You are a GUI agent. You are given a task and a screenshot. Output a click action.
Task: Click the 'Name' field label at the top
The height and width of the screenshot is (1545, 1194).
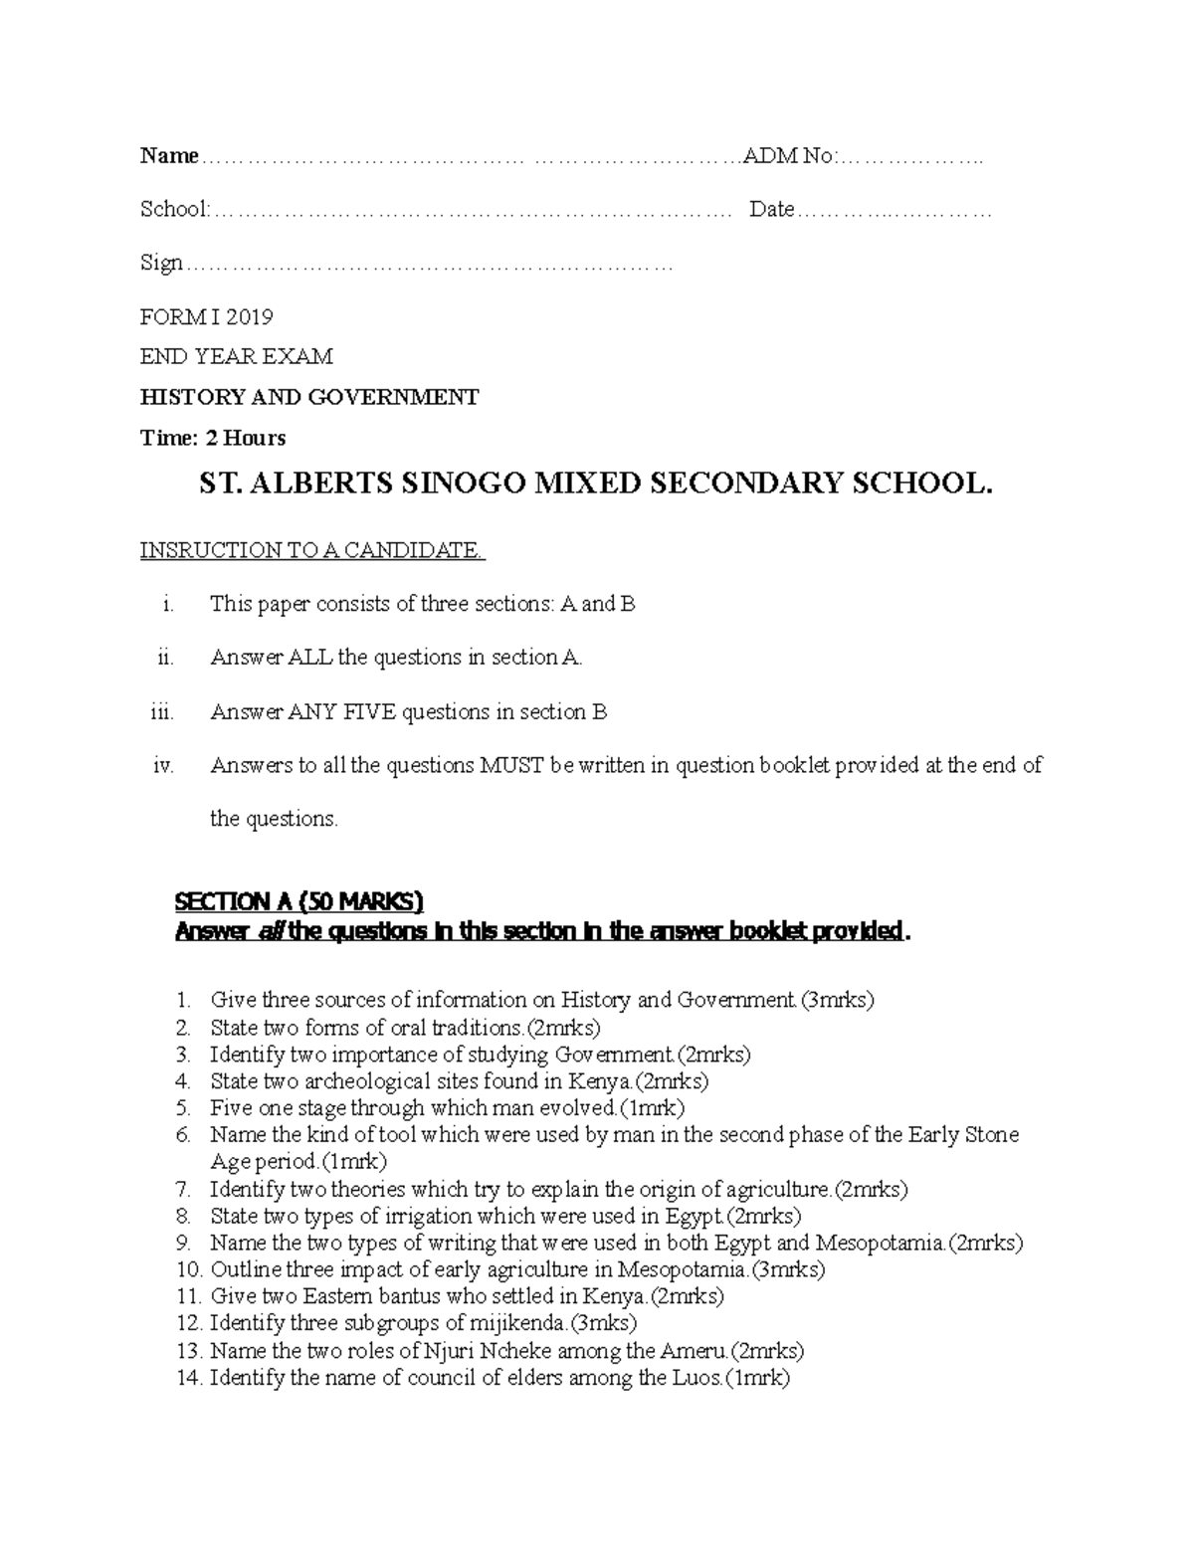click(x=169, y=155)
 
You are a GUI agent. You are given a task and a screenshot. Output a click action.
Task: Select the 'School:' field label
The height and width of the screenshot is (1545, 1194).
click(x=175, y=209)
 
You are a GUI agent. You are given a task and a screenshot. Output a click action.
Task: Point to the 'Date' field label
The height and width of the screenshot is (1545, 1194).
click(x=771, y=209)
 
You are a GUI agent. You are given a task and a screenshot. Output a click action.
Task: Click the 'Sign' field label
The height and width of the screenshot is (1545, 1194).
click(x=161, y=263)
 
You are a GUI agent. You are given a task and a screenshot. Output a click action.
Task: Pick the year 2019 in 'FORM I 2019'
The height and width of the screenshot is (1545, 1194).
click(x=249, y=317)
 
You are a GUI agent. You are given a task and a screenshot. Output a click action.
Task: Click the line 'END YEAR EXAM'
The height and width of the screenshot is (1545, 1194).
click(x=236, y=356)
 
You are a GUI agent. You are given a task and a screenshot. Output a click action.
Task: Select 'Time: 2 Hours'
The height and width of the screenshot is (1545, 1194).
click(x=213, y=438)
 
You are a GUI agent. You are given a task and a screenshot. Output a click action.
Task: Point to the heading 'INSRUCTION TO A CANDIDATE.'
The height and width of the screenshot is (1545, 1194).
click(x=312, y=550)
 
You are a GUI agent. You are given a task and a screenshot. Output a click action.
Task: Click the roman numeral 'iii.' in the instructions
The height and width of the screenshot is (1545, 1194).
click(x=162, y=712)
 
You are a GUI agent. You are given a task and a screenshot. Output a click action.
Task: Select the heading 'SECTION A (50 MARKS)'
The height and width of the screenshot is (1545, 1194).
click(x=298, y=901)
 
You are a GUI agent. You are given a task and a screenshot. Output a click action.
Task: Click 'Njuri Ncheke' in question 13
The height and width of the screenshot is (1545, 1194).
click(x=481, y=1350)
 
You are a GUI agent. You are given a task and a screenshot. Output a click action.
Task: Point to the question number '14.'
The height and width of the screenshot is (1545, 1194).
click(x=189, y=1378)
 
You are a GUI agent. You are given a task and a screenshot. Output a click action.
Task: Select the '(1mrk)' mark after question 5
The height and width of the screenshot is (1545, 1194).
click(x=651, y=1107)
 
